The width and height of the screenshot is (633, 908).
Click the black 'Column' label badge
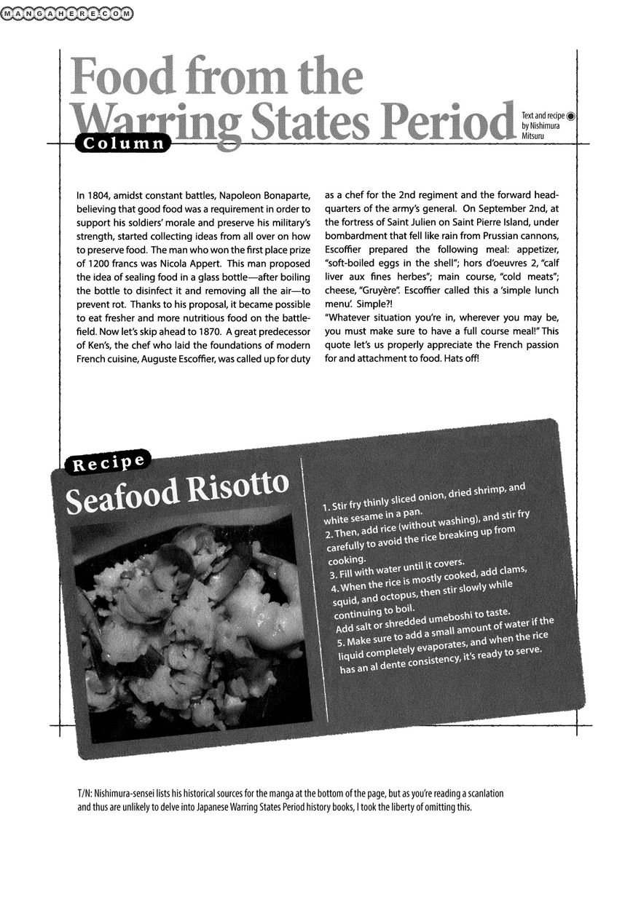tap(122, 144)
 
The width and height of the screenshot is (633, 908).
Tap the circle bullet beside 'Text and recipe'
tap(571, 114)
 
